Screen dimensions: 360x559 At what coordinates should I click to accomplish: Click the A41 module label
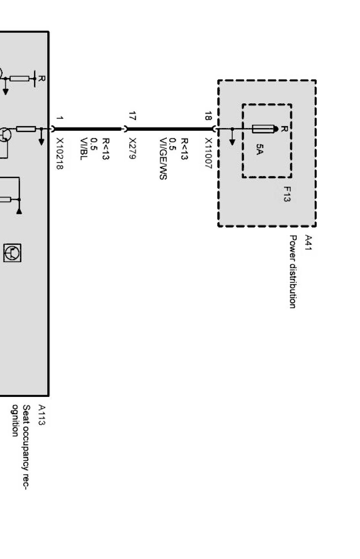tap(308, 242)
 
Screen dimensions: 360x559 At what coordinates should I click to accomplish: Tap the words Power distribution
tap(293, 272)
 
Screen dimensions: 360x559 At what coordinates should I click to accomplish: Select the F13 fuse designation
tap(287, 194)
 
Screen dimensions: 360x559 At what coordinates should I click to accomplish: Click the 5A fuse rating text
tap(260, 149)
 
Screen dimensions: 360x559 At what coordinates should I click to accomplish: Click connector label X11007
tap(208, 153)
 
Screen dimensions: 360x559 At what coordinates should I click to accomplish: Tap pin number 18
tap(208, 116)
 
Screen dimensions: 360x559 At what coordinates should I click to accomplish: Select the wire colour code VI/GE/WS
tap(163, 159)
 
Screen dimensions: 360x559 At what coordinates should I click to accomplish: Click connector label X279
tap(132, 148)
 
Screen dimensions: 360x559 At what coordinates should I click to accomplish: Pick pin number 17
tap(132, 116)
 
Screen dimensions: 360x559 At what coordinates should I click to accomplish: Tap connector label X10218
tap(59, 153)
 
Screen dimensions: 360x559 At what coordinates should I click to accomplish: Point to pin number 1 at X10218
tap(59, 117)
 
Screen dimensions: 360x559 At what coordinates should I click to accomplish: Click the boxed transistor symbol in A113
tap(12, 253)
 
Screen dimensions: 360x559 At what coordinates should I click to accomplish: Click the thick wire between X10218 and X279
tap(87, 129)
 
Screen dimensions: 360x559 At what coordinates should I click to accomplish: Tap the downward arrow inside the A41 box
tap(232, 137)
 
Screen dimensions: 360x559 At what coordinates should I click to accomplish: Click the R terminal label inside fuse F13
tap(284, 129)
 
